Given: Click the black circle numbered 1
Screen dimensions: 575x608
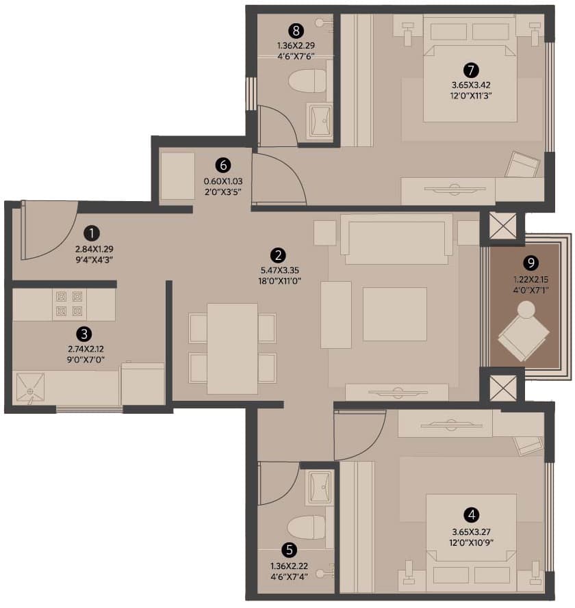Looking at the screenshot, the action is (x=92, y=233).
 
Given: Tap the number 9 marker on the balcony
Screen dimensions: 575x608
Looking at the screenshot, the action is (x=531, y=263).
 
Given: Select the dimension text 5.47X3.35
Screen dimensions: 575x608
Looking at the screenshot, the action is (x=280, y=270).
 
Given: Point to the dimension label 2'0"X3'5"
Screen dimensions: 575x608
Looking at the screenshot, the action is (x=223, y=191).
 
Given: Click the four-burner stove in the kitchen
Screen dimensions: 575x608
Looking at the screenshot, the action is (x=69, y=304).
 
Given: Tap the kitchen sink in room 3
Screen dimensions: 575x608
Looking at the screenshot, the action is (x=30, y=387).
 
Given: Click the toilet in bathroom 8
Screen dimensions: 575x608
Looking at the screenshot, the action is (x=307, y=81).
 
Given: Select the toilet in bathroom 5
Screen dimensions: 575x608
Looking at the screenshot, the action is (x=307, y=527).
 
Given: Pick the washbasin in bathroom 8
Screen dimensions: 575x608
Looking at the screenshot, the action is (x=319, y=121).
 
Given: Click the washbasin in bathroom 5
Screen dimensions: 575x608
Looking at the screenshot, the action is (x=319, y=488).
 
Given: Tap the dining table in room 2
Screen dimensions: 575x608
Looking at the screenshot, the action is (x=233, y=349).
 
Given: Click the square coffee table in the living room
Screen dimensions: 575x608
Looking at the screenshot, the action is (x=394, y=314).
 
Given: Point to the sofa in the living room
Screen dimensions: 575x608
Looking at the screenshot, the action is (x=396, y=239).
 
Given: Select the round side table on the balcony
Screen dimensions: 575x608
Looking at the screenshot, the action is (x=526, y=310).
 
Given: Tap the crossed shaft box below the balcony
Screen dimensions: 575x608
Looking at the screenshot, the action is (x=503, y=388).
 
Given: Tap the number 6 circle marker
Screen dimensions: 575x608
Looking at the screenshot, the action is (x=223, y=166).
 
